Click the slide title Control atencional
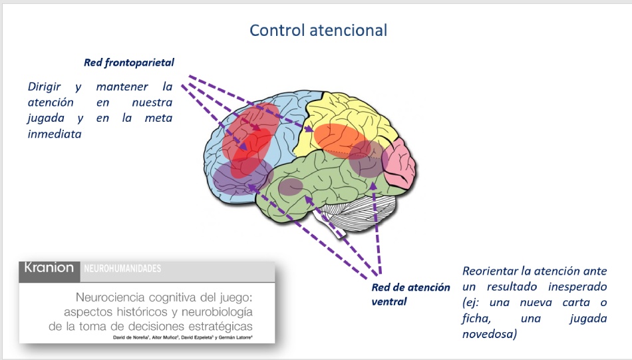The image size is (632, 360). point(318,30)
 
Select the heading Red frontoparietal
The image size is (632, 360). point(128,63)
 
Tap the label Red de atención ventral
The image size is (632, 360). point(410,294)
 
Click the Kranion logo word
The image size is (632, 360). point(49,268)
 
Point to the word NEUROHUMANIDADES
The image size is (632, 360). point(122,269)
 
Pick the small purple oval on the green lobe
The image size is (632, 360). point(290,187)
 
